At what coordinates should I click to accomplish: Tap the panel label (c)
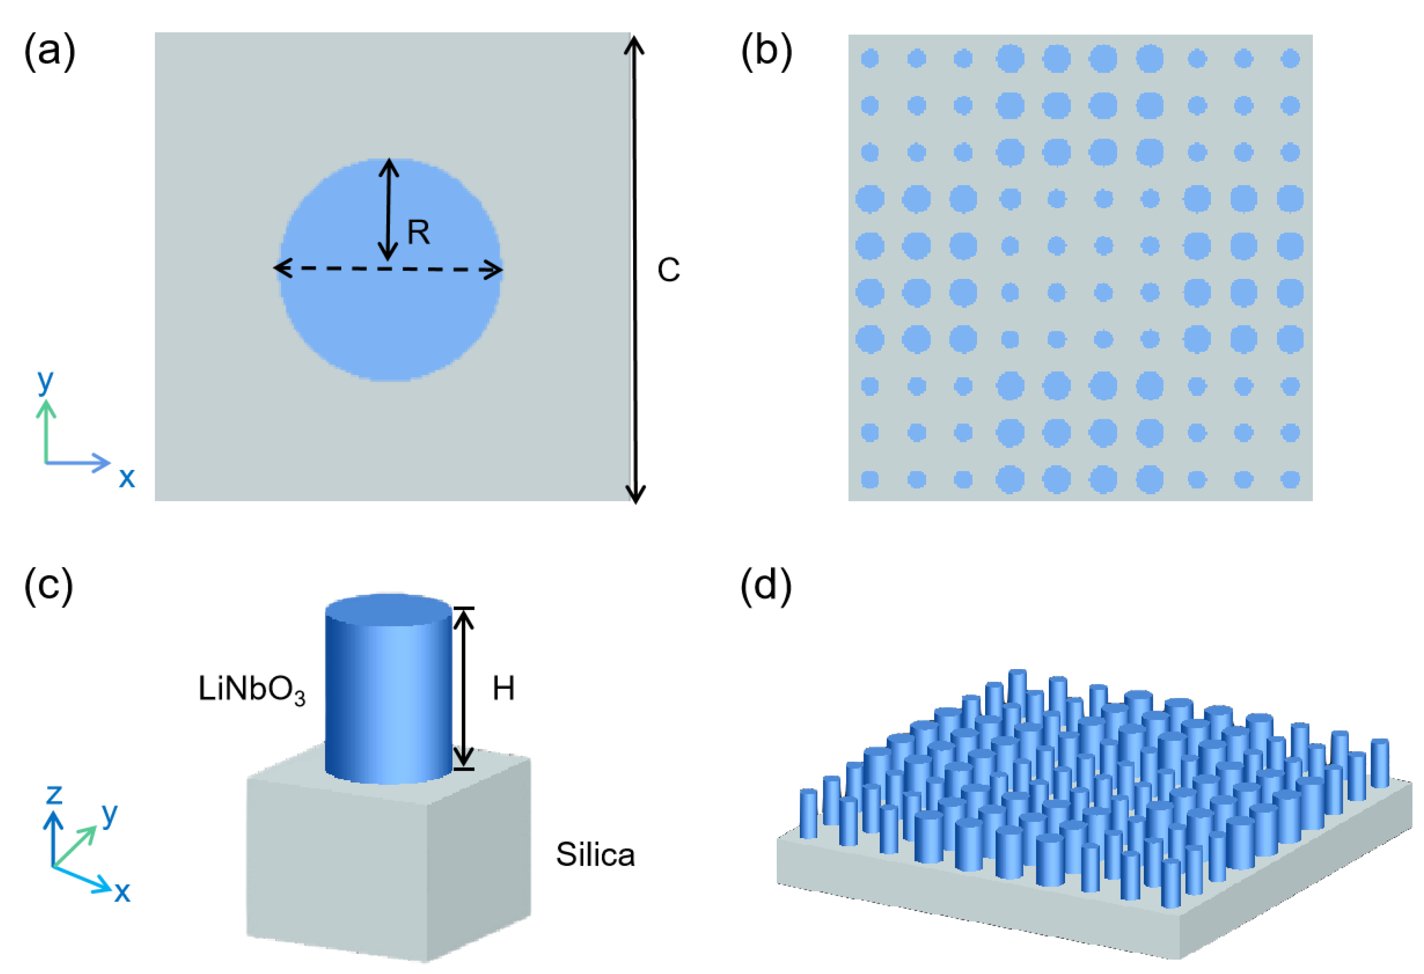coord(49,585)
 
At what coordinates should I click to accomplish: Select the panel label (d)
coord(766,585)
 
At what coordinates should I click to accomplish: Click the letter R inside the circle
coord(418,233)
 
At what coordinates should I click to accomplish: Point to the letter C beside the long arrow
coord(668,270)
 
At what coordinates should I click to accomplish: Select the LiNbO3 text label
coord(251,690)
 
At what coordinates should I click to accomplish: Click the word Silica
coord(595,855)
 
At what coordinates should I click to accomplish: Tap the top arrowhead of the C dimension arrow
coord(634,43)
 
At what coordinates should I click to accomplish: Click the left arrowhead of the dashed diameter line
coord(279,268)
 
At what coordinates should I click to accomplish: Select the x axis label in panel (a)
coord(127,477)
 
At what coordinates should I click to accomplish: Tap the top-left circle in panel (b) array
coord(869,59)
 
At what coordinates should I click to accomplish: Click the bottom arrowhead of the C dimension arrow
coord(635,495)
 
